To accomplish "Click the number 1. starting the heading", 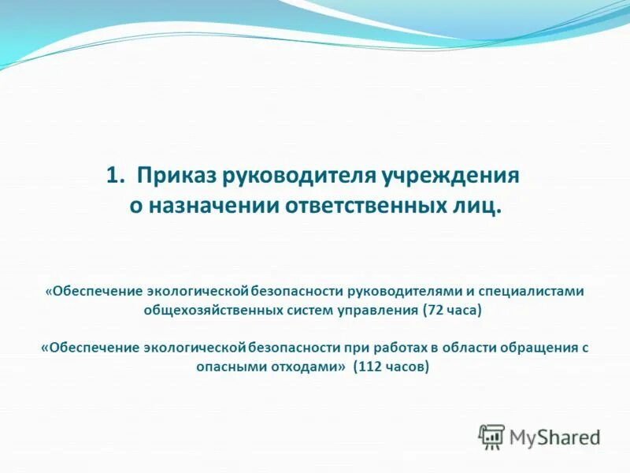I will pyautogui.click(x=115, y=175).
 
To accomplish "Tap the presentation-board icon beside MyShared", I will pyautogui.click(x=491, y=437).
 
